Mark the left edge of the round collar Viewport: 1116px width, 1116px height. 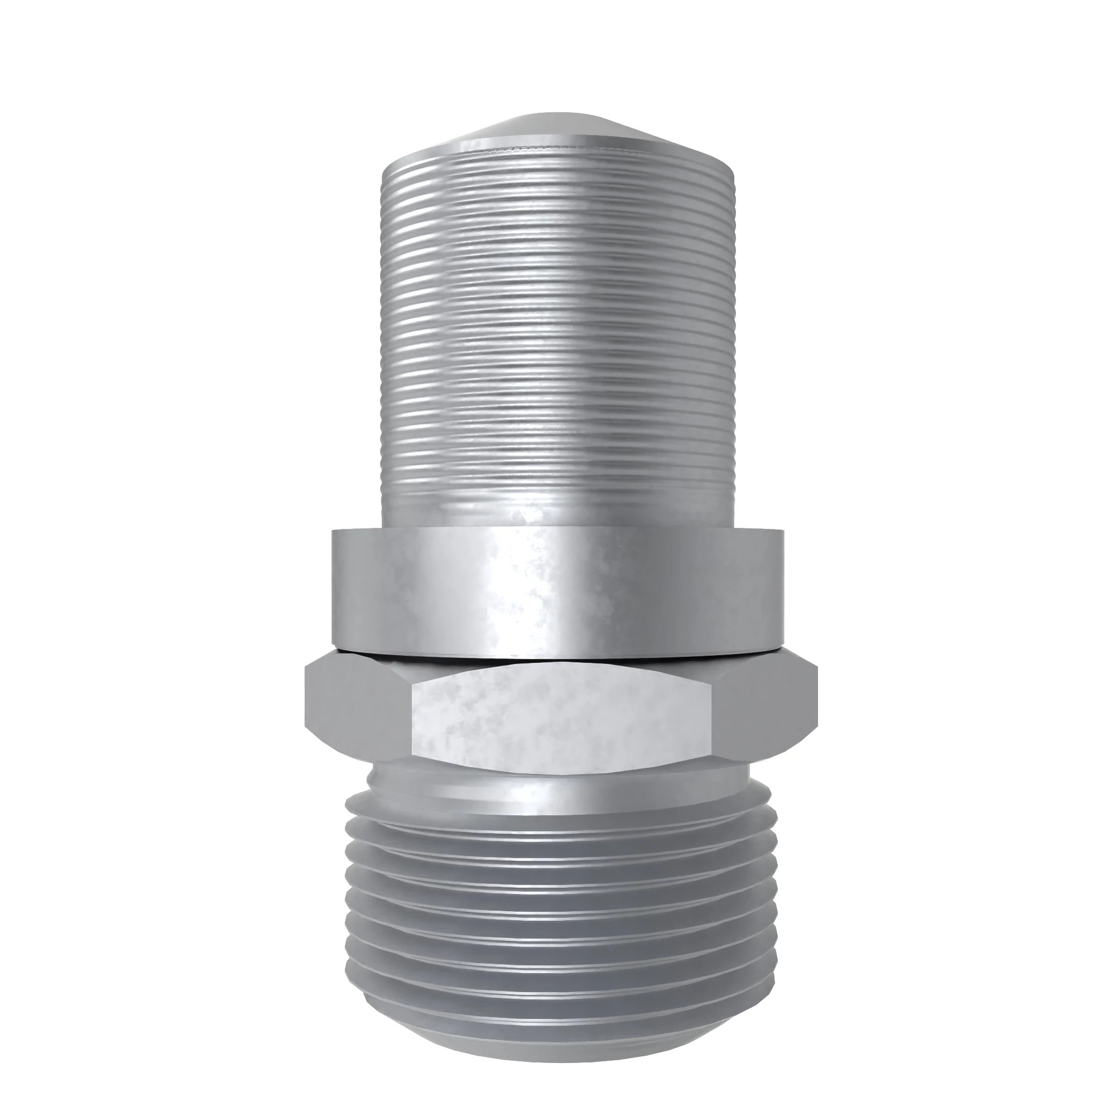pyautogui.click(x=333, y=589)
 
